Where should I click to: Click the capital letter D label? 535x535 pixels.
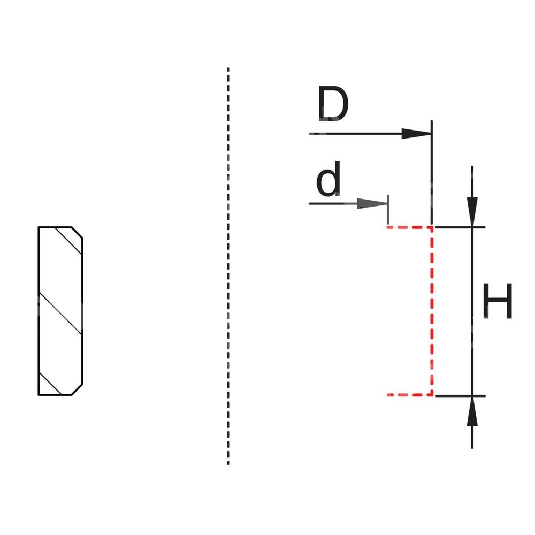[332, 104]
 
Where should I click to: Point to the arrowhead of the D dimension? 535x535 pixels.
[417, 134]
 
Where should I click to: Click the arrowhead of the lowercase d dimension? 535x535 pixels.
[372, 204]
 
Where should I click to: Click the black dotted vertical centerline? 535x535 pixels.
[228, 267]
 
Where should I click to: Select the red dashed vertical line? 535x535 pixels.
[432, 310]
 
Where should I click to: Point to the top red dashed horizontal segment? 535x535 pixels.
[409, 227]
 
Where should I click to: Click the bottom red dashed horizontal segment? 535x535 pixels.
[409, 395]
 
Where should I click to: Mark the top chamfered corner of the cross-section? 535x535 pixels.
[78, 232]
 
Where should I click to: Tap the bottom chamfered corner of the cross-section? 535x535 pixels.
[78, 390]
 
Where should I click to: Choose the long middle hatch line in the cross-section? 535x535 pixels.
[60, 313]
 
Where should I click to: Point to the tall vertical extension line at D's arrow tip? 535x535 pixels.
[432, 171]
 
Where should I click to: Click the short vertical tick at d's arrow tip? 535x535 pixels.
[388, 210]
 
